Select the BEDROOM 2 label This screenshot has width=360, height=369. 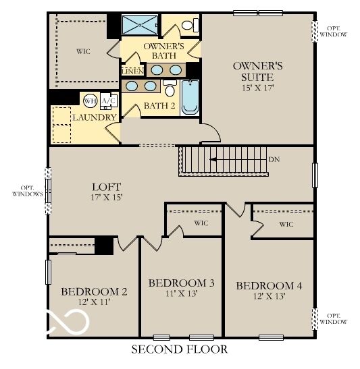[x=94, y=291]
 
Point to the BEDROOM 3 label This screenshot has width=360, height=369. [x=181, y=282]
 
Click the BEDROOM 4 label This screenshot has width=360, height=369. [x=269, y=285]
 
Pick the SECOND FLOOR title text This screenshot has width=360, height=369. [x=179, y=349]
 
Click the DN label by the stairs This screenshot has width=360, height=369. [x=274, y=160]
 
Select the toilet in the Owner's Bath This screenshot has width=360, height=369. [x=191, y=26]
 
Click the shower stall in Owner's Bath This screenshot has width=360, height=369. [x=138, y=26]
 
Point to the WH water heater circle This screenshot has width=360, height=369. [x=90, y=101]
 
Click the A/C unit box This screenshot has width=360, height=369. [x=108, y=101]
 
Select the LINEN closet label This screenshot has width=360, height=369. [x=131, y=70]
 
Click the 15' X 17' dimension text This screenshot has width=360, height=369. [x=257, y=88]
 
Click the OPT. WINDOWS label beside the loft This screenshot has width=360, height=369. [x=27, y=190]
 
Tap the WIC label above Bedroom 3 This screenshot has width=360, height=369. [x=201, y=222]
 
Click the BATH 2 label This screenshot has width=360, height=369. [x=159, y=106]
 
